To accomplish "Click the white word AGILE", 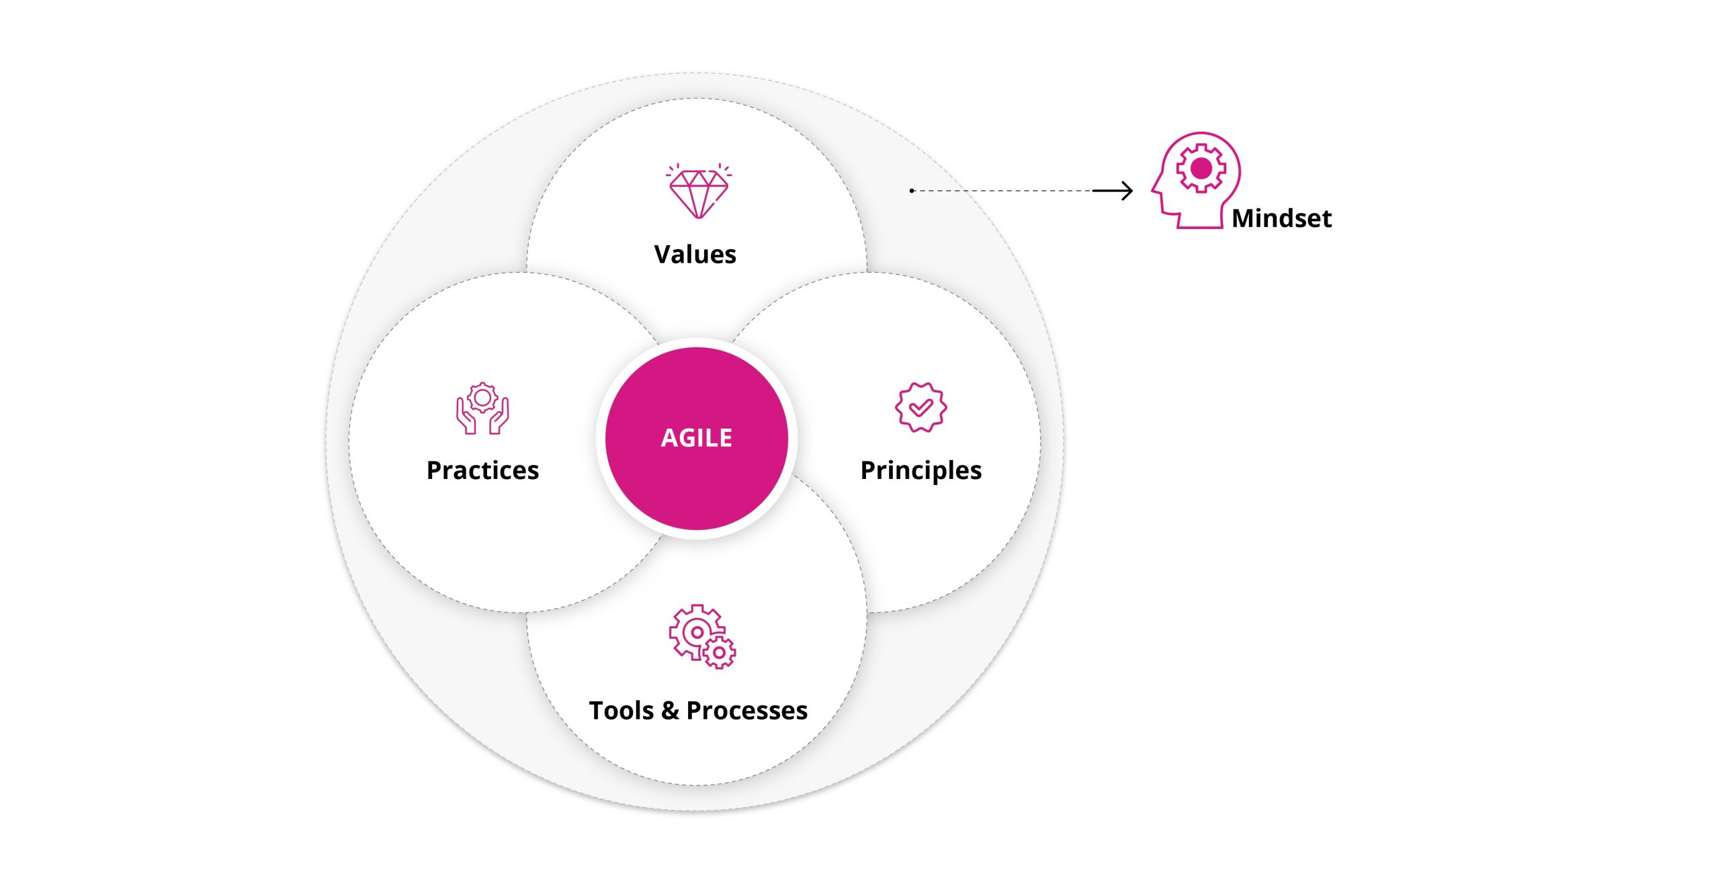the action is point(696,437).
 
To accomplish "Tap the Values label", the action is point(695,254).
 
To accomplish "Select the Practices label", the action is point(482,470).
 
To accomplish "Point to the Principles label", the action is point(920,471).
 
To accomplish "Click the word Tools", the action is point(621,710).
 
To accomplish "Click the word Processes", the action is point(746,710).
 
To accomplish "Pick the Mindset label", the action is point(1281,218).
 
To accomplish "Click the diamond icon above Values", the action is point(698,191).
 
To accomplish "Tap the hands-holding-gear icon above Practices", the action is point(482,408).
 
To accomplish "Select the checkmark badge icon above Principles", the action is point(920,407).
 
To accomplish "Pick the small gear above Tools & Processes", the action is point(720,652).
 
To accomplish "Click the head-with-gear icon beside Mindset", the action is point(1195,180).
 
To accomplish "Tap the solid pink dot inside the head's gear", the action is point(1201,168).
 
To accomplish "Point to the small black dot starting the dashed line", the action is point(912,191).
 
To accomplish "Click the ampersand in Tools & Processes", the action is point(670,710).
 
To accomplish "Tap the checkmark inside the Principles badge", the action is point(920,407).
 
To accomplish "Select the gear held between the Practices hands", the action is point(482,398).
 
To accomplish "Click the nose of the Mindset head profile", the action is point(1154,189).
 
